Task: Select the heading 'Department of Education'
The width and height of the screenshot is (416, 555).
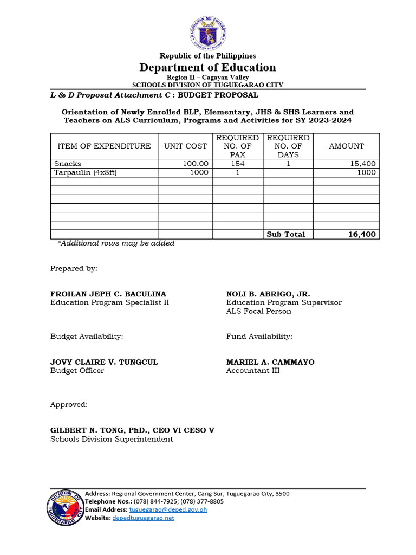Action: coord(207,67)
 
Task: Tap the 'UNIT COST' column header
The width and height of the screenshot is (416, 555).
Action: coord(185,146)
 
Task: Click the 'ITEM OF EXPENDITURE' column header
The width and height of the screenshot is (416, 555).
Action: coord(104,146)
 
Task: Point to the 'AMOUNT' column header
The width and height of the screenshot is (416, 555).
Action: coord(346,146)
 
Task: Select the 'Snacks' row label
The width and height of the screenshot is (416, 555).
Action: coord(68,164)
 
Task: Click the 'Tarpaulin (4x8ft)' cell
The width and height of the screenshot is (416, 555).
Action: coord(86,172)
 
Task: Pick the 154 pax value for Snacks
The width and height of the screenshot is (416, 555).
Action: coord(238,164)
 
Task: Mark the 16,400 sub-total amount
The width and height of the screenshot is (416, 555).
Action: coord(362,234)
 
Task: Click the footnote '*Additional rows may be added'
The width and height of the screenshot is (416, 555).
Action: coord(116,243)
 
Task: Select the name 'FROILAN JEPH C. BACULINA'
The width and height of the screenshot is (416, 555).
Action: coord(108,294)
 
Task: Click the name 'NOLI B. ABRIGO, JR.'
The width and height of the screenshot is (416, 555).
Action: coord(268,294)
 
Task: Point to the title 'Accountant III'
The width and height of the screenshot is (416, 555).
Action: coord(253,371)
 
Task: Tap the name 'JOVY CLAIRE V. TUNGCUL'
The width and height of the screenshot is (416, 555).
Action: coord(104,362)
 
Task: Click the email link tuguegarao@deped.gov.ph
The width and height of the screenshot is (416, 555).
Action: coord(168,509)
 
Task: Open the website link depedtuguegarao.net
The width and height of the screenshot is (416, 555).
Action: coord(143,518)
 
